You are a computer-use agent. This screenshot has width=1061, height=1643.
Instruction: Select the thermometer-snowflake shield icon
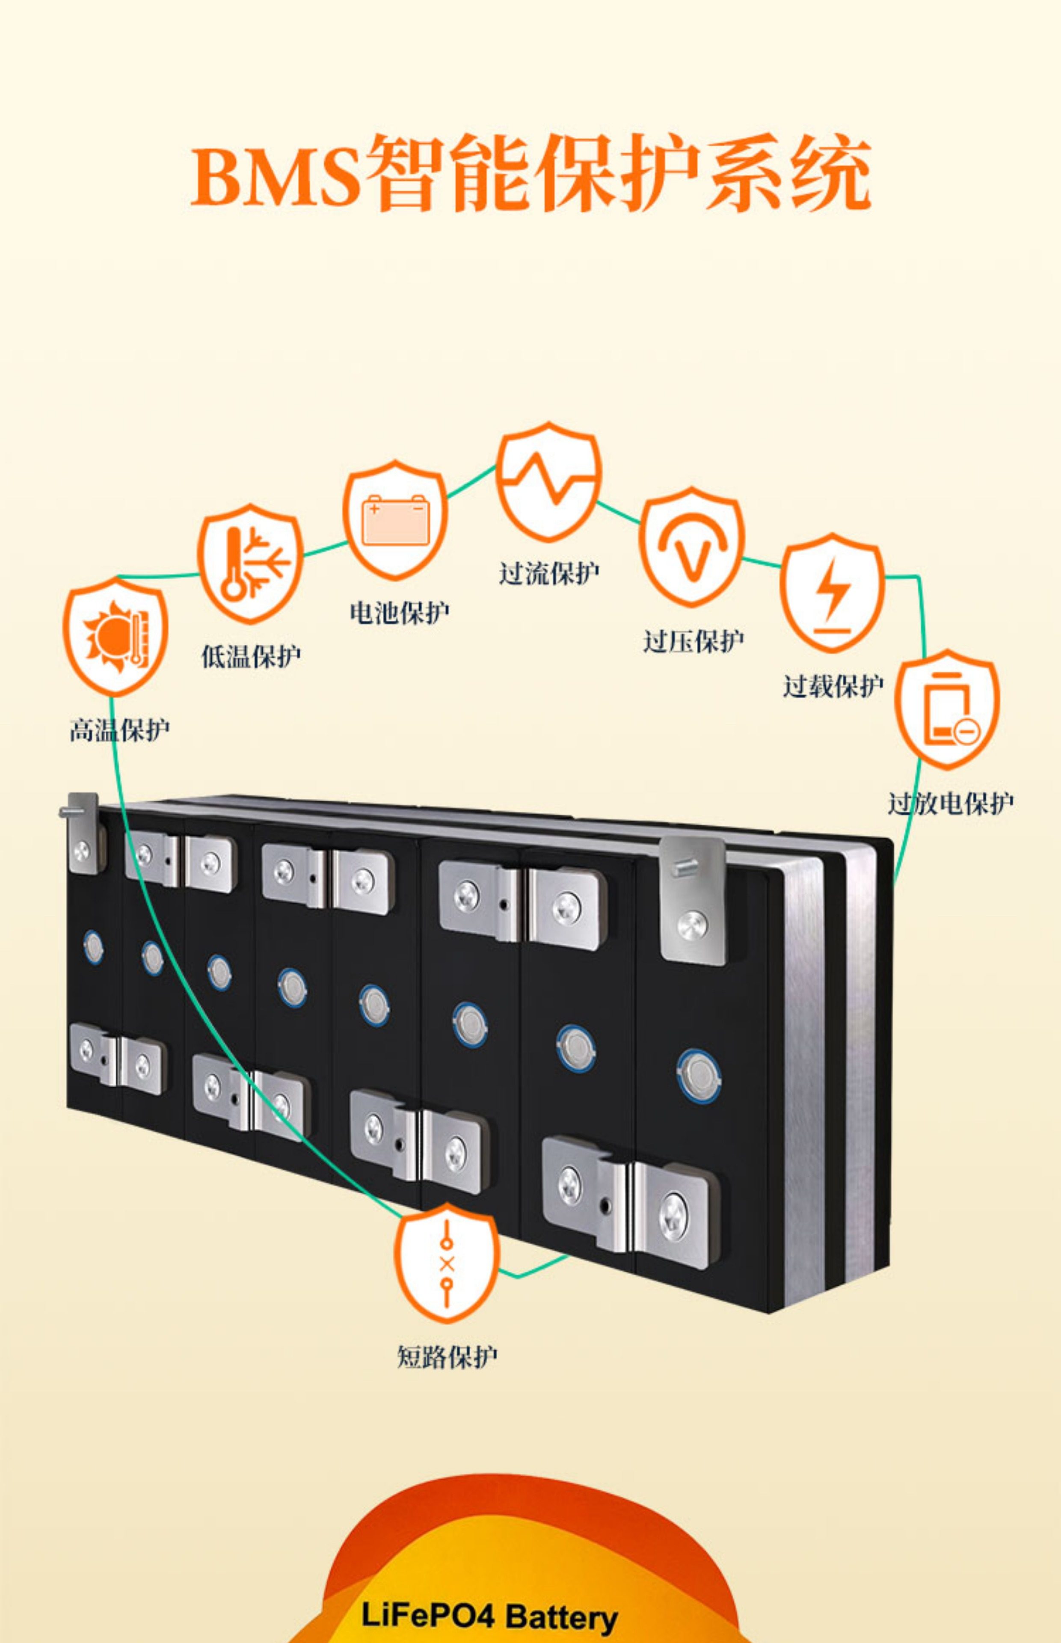(x=250, y=563)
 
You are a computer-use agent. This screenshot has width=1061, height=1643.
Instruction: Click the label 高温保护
(x=119, y=730)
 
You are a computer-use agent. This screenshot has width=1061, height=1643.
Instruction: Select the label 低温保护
(x=251, y=656)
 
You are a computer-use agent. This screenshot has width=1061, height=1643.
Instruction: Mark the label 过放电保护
(x=950, y=803)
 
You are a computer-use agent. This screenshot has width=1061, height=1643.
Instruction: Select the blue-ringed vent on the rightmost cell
(x=699, y=1073)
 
